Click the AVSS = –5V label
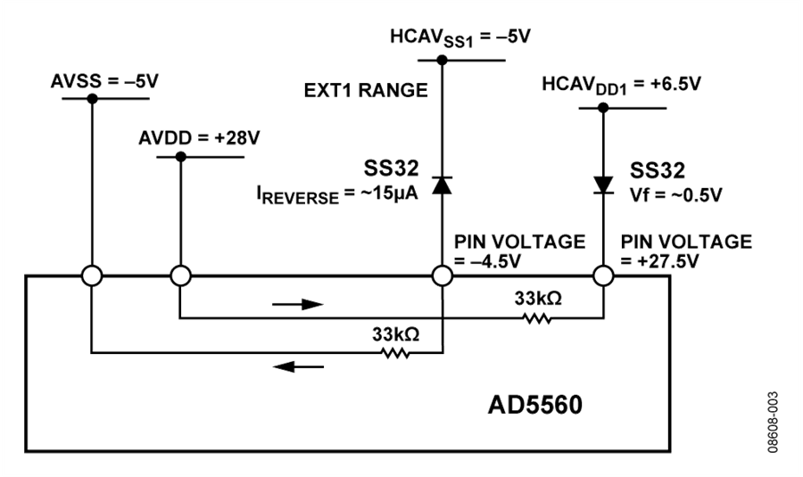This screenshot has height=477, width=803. point(104,81)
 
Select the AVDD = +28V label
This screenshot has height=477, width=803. point(199,138)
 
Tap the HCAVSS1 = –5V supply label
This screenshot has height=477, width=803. point(459,37)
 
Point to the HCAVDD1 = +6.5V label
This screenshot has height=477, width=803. point(621,85)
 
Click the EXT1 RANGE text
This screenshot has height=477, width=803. point(366,91)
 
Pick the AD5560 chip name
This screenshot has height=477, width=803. point(535,405)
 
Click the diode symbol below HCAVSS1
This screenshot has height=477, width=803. point(442,185)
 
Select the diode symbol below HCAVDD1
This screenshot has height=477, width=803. point(603,185)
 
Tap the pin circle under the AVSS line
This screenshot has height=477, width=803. point(92,276)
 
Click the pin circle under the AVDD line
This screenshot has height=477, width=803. point(180,276)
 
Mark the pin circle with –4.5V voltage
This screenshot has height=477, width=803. point(443,276)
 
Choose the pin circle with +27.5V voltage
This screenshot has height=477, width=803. point(603,276)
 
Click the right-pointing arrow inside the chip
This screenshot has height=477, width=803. point(298,305)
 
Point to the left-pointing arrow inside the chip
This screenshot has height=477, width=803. point(298,366)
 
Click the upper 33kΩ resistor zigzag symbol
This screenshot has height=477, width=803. point(537,319)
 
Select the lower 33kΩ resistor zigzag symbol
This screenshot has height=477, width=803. point(395,353)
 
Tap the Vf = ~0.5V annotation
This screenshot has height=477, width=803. point(676,195)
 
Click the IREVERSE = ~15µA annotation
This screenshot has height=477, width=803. point(337,195)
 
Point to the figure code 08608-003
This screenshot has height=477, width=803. point(773,423)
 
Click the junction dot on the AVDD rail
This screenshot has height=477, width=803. point(181,157)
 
